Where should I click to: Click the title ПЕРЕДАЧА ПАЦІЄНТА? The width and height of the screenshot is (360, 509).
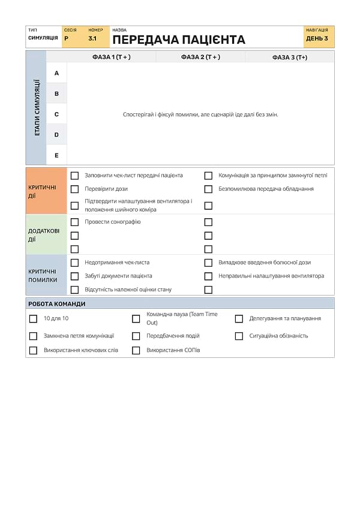pyautogui.click(x=179, y=40)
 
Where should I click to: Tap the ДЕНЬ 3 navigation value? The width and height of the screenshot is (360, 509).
pyautogui.click(x=317, y=38)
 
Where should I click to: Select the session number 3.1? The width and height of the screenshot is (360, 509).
pyautogui.click(x=92, y=38)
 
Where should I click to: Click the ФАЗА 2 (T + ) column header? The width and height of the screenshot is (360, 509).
pyautogui.click(x=200, y=57)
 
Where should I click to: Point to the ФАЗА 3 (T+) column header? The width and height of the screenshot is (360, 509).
pyautogui.click(x=289, y=57)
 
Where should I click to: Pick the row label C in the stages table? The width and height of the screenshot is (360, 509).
pyautogui.click(x=56, y=114)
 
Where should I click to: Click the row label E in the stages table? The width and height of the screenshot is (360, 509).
pyautogui.click(x=56, y=155)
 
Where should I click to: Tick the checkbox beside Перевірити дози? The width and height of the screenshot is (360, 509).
pyautogui.click(x=75, y=189)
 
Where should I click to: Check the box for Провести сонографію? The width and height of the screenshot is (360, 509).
pyautogui.click(x=75, y=222)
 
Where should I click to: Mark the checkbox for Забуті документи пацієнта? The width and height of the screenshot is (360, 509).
pyautogui.click(x=75, y=276)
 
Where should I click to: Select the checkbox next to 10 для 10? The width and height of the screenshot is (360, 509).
pyautogui.click(x=33, y=319)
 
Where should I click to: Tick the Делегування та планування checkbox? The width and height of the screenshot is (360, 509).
pyautogui.click(x=239, y=319)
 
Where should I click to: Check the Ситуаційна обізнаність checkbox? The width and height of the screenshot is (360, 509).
pyautogui.click(x=239, y=336)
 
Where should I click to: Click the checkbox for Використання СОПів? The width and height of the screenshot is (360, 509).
pyautogui.click(x=136, y=351)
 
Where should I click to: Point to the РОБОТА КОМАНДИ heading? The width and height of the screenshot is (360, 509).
pyautogui.click(x=57, y=304)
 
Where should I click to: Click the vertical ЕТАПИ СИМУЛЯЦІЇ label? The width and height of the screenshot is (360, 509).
pyautogui.click(x=37, y=107)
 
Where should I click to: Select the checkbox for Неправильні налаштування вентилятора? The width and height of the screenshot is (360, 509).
pyautogui.click(x=208, y=276)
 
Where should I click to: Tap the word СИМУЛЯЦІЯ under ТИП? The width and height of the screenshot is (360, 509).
pyautogui.click(x=43, y=38)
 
